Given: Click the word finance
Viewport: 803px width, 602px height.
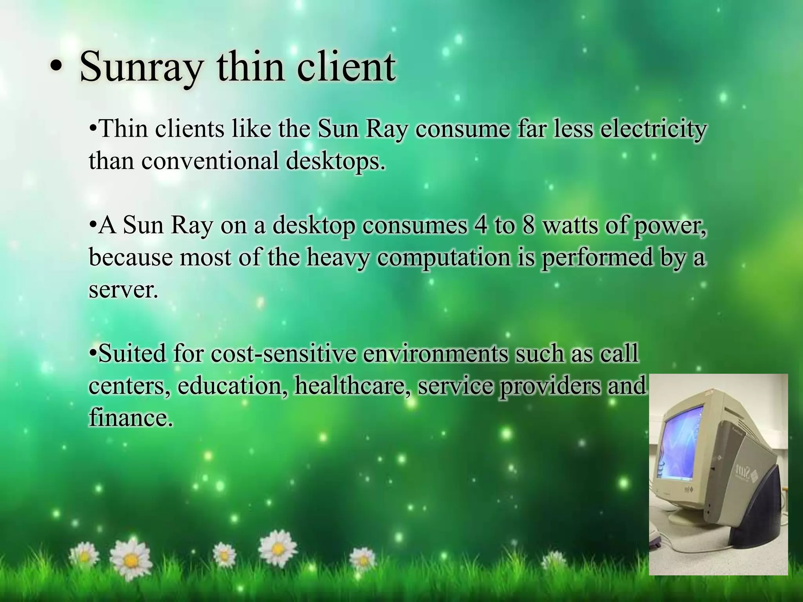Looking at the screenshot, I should (x=130, y=418).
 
